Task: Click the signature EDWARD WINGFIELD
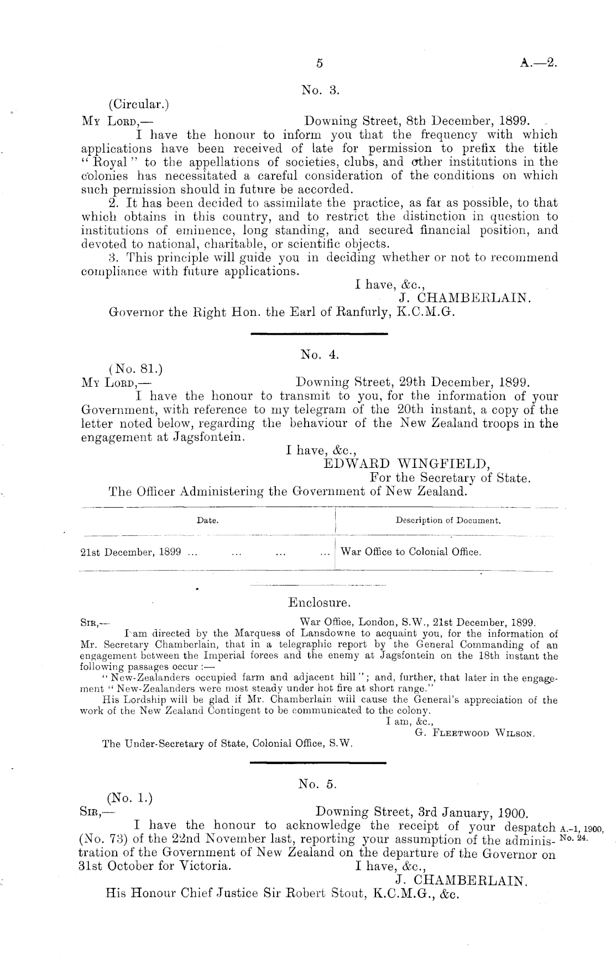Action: click(405, 463)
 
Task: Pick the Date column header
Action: click(207, 520)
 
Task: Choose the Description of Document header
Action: click(448, 520)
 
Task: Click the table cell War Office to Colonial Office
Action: click(411, 552)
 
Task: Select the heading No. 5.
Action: click(317, 784)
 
